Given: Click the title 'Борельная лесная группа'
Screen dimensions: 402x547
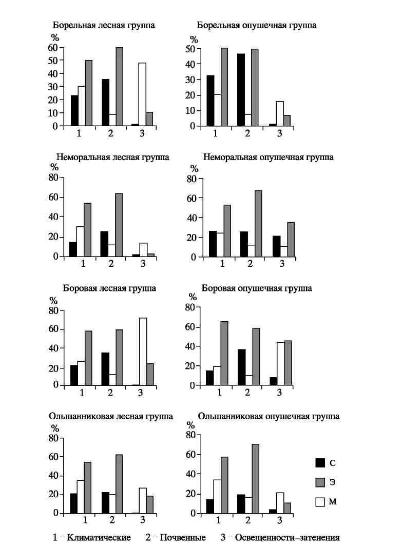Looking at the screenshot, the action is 104,26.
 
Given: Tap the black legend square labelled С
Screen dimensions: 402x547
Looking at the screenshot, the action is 320,462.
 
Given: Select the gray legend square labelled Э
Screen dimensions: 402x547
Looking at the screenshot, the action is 320,482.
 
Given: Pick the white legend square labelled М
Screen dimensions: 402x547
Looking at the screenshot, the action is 320,502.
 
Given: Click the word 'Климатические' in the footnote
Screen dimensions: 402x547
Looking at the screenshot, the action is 99,537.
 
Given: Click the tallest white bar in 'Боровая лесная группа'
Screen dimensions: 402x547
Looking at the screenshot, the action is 143,351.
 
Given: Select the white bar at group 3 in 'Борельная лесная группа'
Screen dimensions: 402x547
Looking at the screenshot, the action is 142,94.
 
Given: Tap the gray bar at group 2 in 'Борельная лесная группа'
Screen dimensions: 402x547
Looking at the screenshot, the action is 119,87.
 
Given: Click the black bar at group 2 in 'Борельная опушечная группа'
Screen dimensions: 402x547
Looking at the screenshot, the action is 241,90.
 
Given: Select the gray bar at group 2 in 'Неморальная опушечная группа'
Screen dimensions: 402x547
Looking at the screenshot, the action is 258,224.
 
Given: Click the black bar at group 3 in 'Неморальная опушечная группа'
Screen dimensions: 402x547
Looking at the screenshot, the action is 276,246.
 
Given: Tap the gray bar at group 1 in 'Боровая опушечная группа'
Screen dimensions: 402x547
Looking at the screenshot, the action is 224,354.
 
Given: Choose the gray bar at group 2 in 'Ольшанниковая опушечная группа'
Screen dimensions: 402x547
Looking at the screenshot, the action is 256,479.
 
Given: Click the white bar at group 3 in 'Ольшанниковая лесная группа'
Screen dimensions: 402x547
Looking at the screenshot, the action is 143,501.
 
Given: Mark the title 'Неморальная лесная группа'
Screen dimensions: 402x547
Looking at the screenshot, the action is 113,158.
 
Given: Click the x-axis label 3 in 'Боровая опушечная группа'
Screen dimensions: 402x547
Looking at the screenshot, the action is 279,393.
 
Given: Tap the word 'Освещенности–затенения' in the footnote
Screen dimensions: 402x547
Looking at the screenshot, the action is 287,537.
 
